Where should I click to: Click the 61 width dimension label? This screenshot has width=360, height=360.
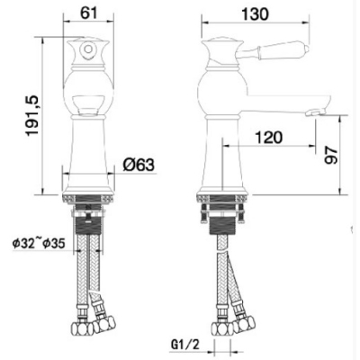click(x=89, y=13)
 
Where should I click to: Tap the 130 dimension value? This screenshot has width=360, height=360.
click(x=255, y=14)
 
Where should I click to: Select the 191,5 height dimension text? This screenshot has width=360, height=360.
click(x=32, y=115)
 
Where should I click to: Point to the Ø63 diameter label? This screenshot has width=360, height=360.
click(x=139, y=165)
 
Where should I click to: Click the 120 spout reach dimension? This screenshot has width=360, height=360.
click(x=268, y=138)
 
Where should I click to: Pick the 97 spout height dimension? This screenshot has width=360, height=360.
click(x=331, y=155)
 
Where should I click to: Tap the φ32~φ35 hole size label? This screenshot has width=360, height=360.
click(x=39, y=244)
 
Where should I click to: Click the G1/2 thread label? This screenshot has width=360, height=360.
click(x=184, y=346)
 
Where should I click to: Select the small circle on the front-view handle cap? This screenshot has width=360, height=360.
click(x=88, y=49)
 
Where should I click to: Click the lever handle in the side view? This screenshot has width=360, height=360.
click(x=272, y=51)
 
